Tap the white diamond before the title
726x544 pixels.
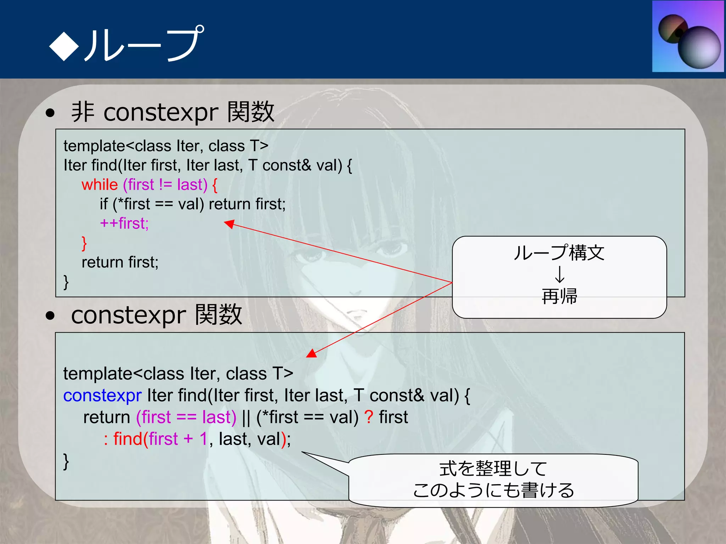click(64, 45)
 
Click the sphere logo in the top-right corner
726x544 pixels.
click(688, 36)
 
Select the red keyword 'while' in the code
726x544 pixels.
click(100, 185)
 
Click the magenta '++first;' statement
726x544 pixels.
click(124, 223)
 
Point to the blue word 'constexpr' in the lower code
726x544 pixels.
click(102, 396)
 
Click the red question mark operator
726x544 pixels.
click(369, 417)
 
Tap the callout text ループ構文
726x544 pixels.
click(559, 253)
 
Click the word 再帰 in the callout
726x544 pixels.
click(559, 296)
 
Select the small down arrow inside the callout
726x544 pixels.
click(559, 274)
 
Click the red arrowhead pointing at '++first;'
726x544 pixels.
click(230, 224)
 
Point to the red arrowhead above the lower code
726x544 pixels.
click(312, 353)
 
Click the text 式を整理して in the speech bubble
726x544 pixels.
click(493, 469)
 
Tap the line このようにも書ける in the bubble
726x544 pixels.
click(493, 491)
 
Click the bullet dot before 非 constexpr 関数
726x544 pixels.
click(50, 113)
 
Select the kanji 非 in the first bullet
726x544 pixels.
click(83, 112)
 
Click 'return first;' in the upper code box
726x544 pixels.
click(120, 262)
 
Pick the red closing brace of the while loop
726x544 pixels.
click(84, 243)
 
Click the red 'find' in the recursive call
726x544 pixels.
click(128, 439)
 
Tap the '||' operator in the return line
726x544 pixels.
click(246, 418)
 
